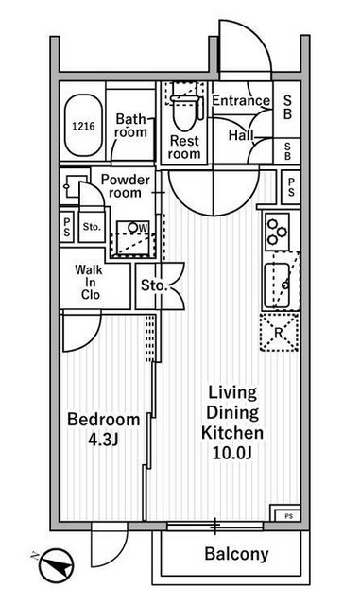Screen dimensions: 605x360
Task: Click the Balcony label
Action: point(235,555)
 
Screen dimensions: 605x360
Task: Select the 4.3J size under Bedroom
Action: point(104,439)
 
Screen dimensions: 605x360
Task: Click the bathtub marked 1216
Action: point(83,126)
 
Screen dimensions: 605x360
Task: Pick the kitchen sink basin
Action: point(281,281)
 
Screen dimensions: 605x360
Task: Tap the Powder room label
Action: point(126,186)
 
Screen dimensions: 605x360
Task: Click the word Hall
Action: point(240,135)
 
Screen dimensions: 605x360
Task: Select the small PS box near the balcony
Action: point(286,515)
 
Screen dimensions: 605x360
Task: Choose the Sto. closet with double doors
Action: point(154,285)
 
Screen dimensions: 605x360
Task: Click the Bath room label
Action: point(131,126)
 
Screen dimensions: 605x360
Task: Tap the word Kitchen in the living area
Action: point(231,432)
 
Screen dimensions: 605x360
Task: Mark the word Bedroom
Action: point(104,420)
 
